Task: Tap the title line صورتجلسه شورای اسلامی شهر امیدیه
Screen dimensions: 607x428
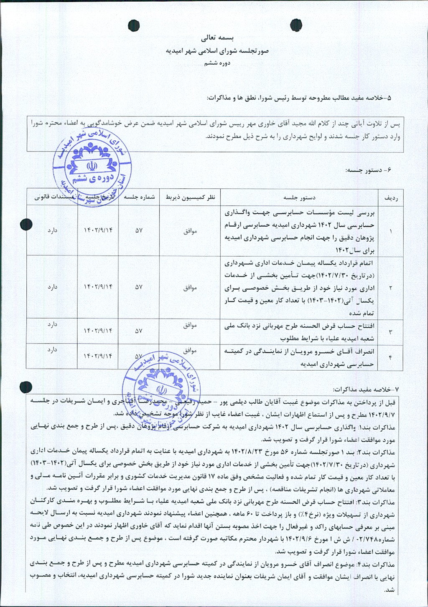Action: pyautogui.click(x=217, y=51)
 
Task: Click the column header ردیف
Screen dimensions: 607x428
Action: pyautogui.click(x=390, y=197)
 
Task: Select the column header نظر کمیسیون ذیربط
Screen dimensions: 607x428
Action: pyautogui.click(x=190, y=197)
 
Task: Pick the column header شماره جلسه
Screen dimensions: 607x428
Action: pyautogui.click(x=139, y=197)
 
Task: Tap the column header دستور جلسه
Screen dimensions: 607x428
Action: pyautogui.click(x=299, y=197)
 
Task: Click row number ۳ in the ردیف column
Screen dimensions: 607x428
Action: pyautogui.click(x=390, y=332)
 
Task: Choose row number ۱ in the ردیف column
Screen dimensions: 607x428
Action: pyautogui.click(x=390, y=231)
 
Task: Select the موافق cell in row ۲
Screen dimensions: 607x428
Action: pyautogui.click(x=190, y=288)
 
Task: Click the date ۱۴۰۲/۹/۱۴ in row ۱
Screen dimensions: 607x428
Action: pyautogui.click(x=98, y=230)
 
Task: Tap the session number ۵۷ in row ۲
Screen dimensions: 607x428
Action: pyautogui.click(x=139, y=287)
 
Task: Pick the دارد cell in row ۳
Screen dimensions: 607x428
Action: pyautogui.click(x=52, y=324)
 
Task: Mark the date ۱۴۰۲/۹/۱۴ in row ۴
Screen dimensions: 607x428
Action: pyautogui.click(x=98, y=356)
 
